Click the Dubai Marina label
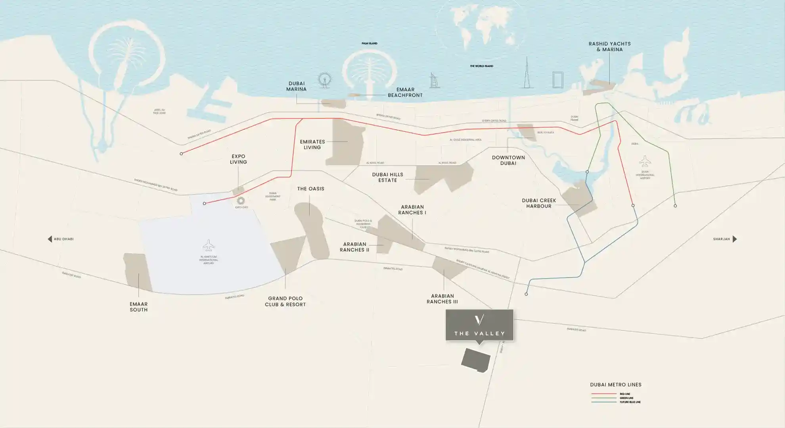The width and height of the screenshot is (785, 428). (297, 86)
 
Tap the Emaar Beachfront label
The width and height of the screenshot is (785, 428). (405, 92)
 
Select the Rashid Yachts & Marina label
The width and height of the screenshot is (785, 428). (609, 47)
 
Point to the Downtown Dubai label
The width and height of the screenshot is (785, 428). (508, 160)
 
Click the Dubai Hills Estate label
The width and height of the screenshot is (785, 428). (387, 177)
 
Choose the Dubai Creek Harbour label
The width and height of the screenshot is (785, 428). (539, 203)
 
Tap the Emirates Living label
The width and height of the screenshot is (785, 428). (312, 144)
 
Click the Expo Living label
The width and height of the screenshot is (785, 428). (238, 159)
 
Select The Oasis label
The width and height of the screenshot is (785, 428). (311, 189)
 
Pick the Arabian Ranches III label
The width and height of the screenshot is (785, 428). (442, 299)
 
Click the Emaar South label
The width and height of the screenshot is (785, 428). (139, 307)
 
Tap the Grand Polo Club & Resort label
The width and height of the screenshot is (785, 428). (285, 301)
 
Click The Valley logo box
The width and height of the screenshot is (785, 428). (479, 325)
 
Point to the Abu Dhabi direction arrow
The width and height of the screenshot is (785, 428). (50, 239)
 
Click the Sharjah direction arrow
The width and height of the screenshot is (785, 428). (735, 239)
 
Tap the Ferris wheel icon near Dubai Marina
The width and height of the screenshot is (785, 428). (324, 80)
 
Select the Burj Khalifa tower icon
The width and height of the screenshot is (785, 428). (527, 73)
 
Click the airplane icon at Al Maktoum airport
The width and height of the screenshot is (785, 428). (209, 245)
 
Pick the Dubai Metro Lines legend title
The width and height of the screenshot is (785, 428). (615, 384)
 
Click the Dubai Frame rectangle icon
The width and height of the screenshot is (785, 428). (558, 80)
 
